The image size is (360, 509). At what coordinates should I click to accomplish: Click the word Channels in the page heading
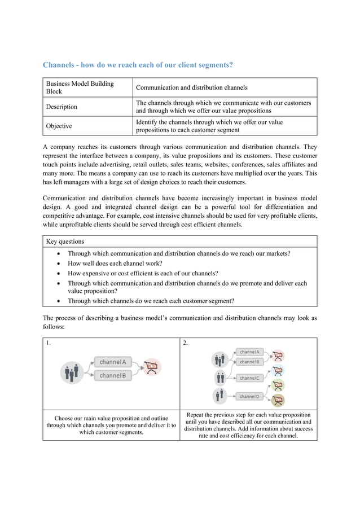point(60,65)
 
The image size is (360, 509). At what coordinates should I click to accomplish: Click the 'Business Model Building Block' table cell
point(80,87)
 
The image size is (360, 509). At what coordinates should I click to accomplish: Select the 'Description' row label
point(62,107)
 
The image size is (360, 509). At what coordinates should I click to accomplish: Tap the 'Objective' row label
point(59,126)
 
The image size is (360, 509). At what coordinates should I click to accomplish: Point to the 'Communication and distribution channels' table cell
point(191,87)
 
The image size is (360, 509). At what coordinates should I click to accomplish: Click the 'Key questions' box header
point(65,242)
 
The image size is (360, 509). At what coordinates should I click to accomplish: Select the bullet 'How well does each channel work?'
point(115,263)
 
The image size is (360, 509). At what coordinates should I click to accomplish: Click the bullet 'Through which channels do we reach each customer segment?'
point(151,301)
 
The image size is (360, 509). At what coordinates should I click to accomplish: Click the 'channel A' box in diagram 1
point(113,362)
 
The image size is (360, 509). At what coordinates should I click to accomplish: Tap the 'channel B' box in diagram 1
point(113,375)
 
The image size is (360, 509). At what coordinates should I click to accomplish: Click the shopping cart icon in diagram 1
point(151,367)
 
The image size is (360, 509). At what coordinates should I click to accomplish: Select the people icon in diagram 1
point(72,372)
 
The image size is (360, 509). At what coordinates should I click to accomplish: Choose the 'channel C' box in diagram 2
point(249,378)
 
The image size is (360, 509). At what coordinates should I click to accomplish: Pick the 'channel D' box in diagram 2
point(249,396)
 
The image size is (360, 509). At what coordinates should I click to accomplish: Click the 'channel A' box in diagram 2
point(249,352)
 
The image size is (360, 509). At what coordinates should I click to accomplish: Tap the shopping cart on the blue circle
point(278,371)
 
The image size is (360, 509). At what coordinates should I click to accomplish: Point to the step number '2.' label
point(186,343)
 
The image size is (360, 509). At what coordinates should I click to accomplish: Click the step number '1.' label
point(49,343)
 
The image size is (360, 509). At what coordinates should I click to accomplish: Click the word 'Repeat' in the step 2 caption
point(196,414)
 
